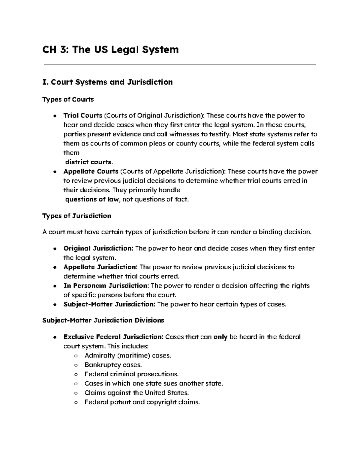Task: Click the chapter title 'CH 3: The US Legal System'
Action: tap(111, 49)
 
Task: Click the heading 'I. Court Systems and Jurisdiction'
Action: tap(108, 82)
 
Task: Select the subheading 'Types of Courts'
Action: tap(68, 99)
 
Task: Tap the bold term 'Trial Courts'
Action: tap(83, 115)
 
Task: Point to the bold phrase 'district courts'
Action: tap(88, 162)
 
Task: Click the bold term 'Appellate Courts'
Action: tap(91, 172)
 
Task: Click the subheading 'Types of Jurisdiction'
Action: tap(77, 216)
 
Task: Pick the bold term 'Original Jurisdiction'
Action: tap(98, 248)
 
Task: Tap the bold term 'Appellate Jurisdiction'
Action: tap(100, 267)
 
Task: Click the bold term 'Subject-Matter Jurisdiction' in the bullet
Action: tap(109, 304)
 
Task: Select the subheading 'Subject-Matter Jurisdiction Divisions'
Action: tap(103, 320)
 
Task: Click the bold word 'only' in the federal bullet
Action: tap(220, 337)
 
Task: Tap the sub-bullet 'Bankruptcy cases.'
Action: tap(113, 365)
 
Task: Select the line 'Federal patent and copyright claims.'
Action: tap(142, 402)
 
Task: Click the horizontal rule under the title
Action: tap(180, 64)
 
